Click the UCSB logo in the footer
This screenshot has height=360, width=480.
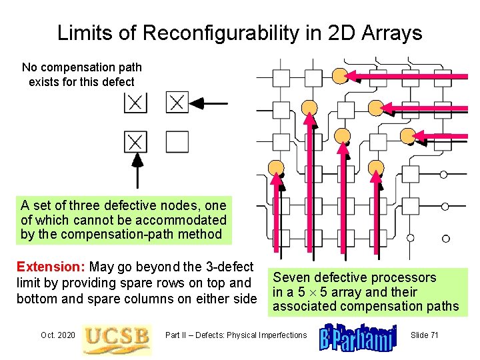pos(116,335)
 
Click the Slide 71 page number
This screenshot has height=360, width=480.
pos(424,335)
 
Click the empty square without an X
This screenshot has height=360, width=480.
pos(177,141)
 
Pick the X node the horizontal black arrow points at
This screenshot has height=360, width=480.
pos(177,103)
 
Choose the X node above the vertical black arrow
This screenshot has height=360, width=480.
pos(135,141)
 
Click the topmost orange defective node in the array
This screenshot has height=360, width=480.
pos(341,75)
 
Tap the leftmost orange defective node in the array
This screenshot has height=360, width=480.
pos(276,167)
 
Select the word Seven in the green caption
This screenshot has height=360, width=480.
pos(291,277)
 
